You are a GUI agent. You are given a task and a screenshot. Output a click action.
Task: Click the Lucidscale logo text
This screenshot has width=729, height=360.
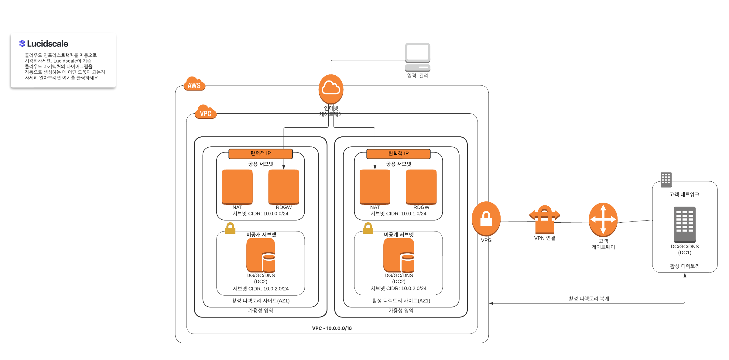coord(47,44)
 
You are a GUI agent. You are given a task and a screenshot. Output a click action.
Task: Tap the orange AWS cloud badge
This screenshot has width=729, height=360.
coord(194,84)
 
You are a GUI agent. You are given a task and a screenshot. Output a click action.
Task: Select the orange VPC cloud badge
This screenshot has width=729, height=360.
coord(206,112)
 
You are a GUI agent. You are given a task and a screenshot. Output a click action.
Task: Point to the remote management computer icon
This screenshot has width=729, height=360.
coord(417,57)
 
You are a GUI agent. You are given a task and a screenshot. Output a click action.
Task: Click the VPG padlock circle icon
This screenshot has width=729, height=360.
coord(486,218)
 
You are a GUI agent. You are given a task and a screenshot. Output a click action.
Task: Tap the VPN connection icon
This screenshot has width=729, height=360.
coord(545,219)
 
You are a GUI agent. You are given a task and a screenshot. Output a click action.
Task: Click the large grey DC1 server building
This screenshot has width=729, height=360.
coord(685,224)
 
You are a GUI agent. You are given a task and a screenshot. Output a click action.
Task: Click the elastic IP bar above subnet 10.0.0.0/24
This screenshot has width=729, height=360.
coord(260,153)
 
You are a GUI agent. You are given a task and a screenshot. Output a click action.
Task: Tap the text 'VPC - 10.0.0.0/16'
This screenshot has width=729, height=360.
coord(332,328)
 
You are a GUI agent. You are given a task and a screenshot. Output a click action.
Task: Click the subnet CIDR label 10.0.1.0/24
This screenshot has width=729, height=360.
coord(398,214)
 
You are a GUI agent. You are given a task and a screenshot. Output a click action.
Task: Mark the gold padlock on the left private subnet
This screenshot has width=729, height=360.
coord(230,228)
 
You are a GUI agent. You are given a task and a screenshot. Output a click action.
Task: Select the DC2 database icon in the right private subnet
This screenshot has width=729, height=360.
coord(399,255)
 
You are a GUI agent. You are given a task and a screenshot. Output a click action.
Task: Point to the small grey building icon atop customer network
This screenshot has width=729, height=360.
coord(666,180)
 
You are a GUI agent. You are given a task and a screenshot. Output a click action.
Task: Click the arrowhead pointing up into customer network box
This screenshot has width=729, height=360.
coord(685,275)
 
